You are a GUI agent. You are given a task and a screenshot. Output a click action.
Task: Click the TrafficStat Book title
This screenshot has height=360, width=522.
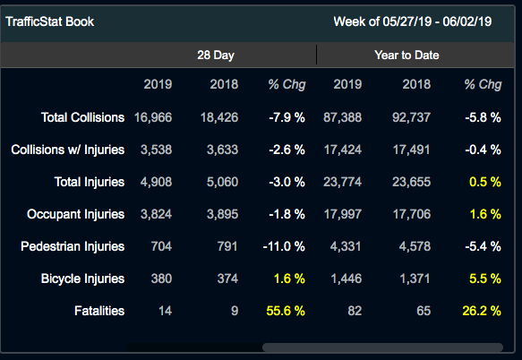coord(49,21)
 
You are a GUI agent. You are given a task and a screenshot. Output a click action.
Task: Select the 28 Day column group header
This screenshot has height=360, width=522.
coord(216,56)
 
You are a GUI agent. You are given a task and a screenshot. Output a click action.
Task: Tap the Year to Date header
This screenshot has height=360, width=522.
coord(406,56)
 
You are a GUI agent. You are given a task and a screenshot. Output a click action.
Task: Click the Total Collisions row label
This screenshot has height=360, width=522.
coord(82,117)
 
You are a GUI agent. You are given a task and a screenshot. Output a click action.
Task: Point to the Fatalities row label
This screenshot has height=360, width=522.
coord(100,311)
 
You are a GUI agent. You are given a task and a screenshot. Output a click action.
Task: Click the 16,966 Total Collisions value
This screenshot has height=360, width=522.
coord(152,117)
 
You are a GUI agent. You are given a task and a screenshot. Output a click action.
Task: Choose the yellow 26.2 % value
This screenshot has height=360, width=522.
coord(481,311)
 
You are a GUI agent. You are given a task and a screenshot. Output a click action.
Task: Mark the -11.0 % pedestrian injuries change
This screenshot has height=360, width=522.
coord(284,246)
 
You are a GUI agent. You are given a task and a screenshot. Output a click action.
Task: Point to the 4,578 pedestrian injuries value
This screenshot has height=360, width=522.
coord(415,246)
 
